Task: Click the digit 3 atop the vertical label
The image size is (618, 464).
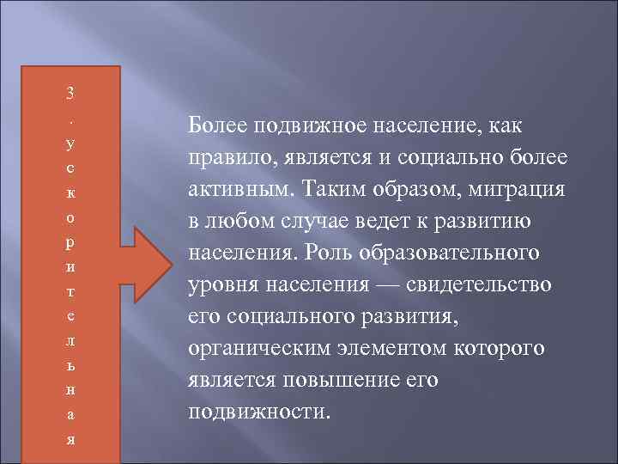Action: click(71, 90)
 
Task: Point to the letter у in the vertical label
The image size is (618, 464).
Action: click(71, 138)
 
